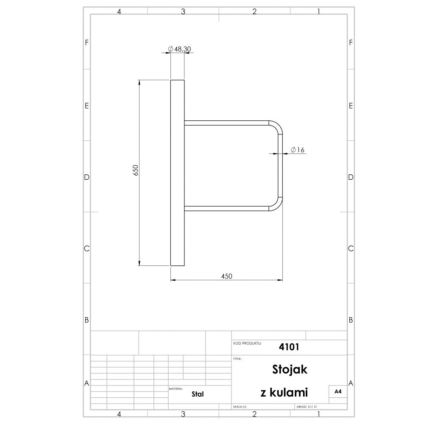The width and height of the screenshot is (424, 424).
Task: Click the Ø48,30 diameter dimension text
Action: [179, 49]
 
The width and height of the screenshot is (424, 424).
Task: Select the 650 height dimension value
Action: [136, 170]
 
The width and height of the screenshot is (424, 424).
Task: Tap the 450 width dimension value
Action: [226, 276]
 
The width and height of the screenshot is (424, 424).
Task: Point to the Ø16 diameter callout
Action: [298, 150]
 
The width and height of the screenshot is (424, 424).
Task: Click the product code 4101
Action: [289, 347]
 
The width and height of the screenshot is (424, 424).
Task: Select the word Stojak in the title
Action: [290, 369]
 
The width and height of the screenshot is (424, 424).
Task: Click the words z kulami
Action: [284, 392]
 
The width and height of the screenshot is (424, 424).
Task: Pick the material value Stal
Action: [198, 394]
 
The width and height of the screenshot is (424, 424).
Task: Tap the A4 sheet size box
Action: [338, 391]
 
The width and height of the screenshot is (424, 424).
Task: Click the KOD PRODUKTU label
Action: [247, 343]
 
